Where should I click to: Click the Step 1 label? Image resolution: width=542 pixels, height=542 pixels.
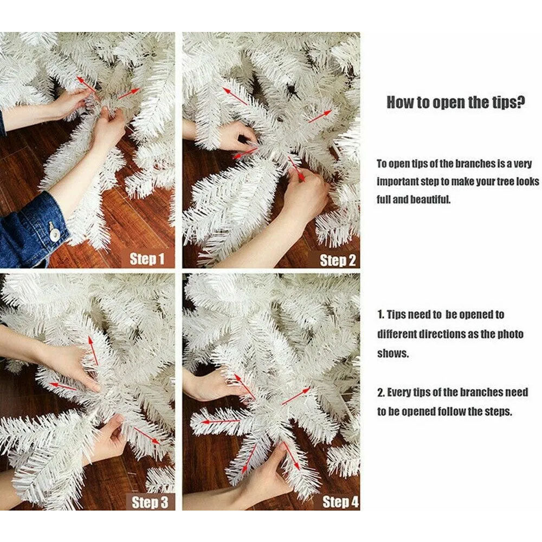coord(147,259)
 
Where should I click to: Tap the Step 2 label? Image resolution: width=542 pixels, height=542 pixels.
coord(337,260)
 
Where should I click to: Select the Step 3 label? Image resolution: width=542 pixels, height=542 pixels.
coord(150,502)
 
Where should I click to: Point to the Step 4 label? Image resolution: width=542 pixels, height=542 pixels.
coord(340,502)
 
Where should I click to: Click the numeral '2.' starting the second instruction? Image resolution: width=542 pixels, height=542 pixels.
coord(381,392)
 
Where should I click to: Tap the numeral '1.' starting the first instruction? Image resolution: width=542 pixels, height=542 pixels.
coord(380,314)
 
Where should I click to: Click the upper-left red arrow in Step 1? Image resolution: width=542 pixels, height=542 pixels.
coord(86,85)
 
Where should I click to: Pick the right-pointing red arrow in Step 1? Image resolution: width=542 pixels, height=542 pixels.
coord(128,94)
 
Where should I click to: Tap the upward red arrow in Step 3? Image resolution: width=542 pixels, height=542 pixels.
coord(93,351)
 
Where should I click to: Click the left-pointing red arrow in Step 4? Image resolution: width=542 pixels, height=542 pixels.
coord(221,421)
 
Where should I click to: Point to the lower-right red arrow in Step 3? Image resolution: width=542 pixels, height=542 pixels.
coord(147,436)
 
